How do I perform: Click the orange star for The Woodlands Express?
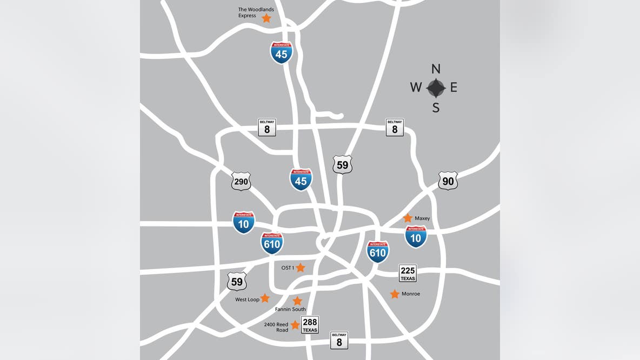[266, 18]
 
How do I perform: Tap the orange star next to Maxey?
[408, 218]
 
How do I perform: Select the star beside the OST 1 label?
[301, 268]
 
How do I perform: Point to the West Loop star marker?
[265, 298]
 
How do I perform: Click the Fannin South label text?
[290, 309]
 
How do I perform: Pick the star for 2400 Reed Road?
[295, 325]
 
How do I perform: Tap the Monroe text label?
[411, 294]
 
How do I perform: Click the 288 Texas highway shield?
[310, 324]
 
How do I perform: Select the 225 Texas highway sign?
[408, 273]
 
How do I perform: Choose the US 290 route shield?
[241, 182]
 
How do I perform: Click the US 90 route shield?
[448, 181]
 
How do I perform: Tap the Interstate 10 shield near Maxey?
[416, 237]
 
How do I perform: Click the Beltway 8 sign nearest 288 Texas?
[339, 340]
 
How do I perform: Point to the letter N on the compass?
[436, 69]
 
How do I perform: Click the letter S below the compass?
[436, 108]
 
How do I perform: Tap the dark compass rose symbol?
[436, 88]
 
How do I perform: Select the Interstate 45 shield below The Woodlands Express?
[282, 53]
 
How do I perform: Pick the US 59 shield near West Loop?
[237, 281]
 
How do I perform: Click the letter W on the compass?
[416, 88]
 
